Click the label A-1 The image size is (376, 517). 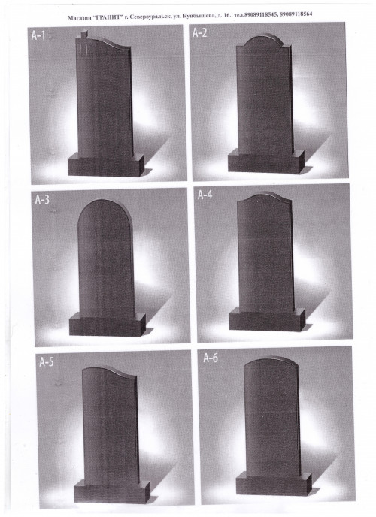(x=38, y=35)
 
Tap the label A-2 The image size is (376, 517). (x=199, y=33)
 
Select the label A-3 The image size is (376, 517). (x=42, y=199)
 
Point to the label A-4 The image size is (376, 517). (x=205, y=195)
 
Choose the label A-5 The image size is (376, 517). (x=46, y=362)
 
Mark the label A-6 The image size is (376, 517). (x=210, y=358)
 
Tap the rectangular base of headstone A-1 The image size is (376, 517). (x=106, y=165)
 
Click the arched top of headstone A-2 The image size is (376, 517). (x=264, y=41)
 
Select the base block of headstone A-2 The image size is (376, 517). (x=266, y=161)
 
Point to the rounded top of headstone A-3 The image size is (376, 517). (x=105, y=211)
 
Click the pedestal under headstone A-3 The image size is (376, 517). (x=108, y=325)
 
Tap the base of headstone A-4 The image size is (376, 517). (x=267, y=319)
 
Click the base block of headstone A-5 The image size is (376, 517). (x=112, y=491)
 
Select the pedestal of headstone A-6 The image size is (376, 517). (x=274, y=484)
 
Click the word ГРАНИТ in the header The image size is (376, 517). (x=110, y=17)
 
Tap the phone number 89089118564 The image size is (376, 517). (x=296, y=14)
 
